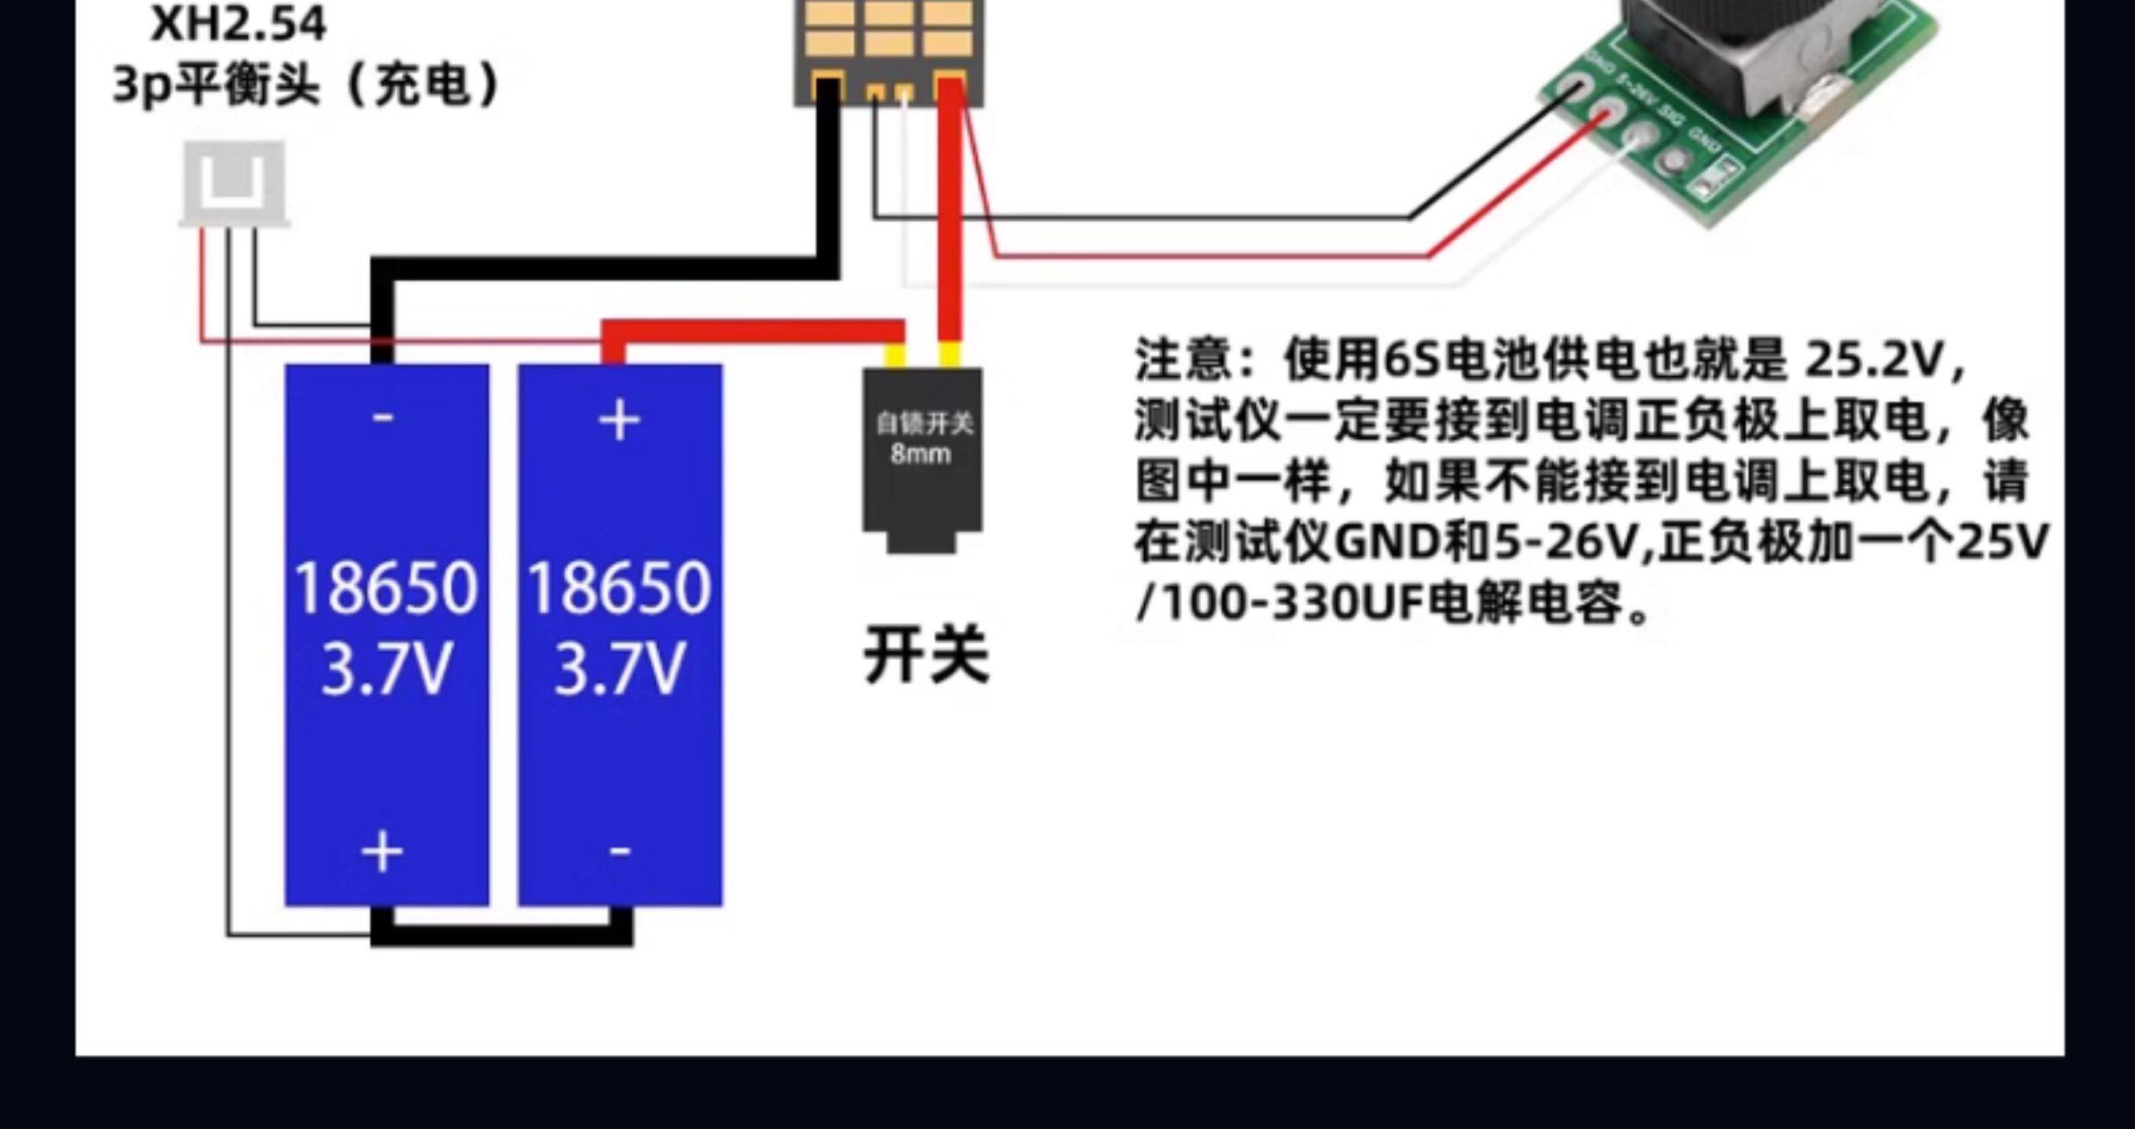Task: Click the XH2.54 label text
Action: [238, 24]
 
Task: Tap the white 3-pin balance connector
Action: [233, 182]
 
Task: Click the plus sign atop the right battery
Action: [619, 422]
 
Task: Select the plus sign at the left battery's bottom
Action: [382, 852]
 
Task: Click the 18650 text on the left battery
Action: [385, 589]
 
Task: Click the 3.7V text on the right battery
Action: [619, 669]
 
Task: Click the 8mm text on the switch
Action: [920, 453]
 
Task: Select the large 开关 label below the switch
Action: [926, 656]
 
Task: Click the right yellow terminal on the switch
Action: [949, 355]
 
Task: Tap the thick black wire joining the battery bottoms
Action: [502, 937]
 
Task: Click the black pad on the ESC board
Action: [828, 88]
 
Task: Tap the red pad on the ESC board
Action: [950, 88]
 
